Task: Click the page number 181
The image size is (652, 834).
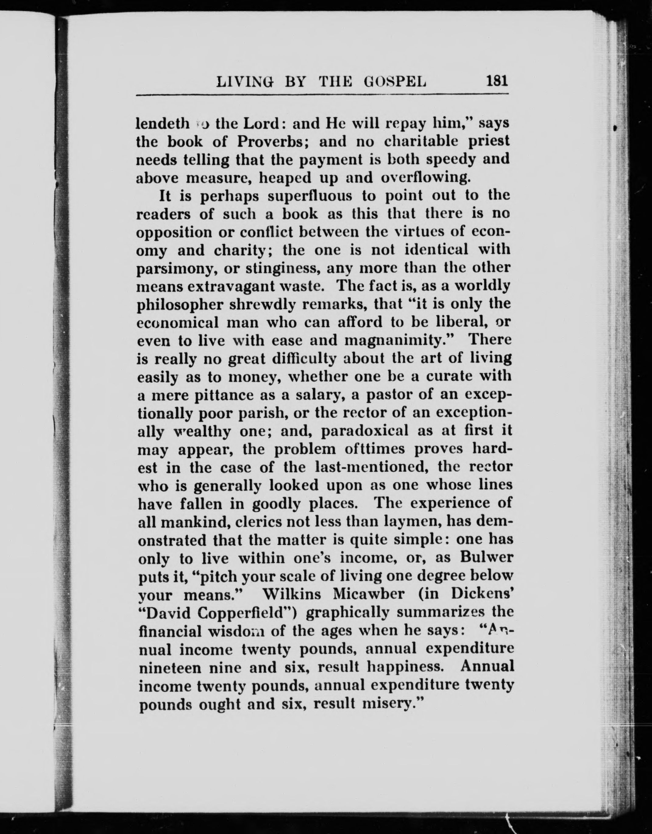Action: [x=497, y=81]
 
